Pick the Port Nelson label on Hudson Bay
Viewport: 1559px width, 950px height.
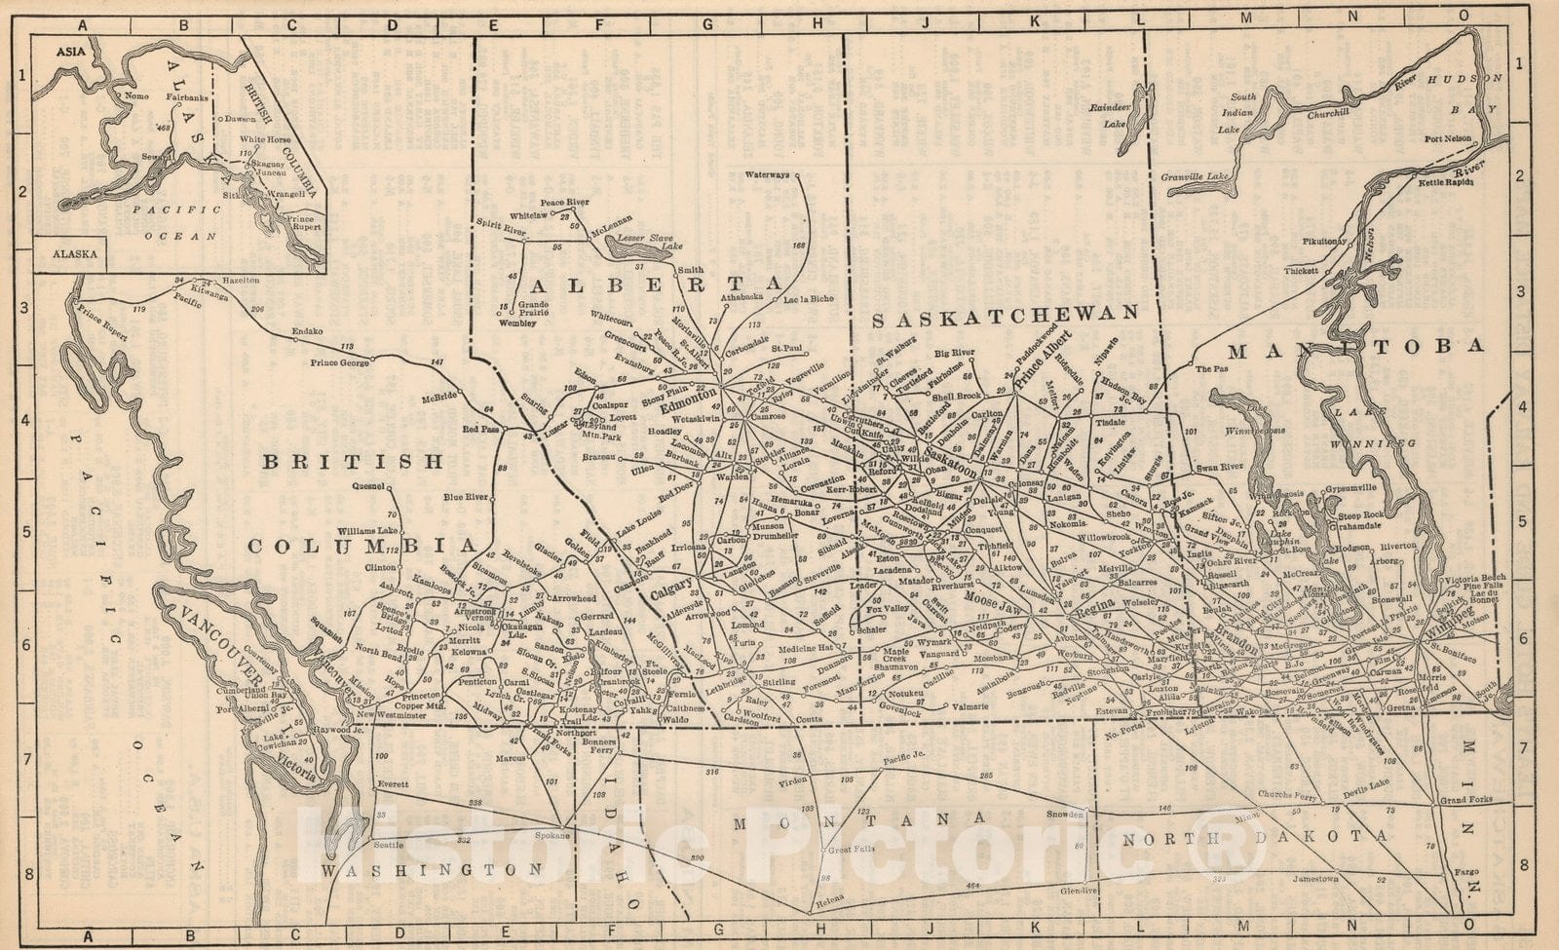coord(1447,138)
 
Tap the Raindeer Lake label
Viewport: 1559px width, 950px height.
coord(1109,115)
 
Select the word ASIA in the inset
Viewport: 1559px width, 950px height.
coord(69,49)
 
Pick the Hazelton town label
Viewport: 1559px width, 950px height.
coord(242,280)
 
